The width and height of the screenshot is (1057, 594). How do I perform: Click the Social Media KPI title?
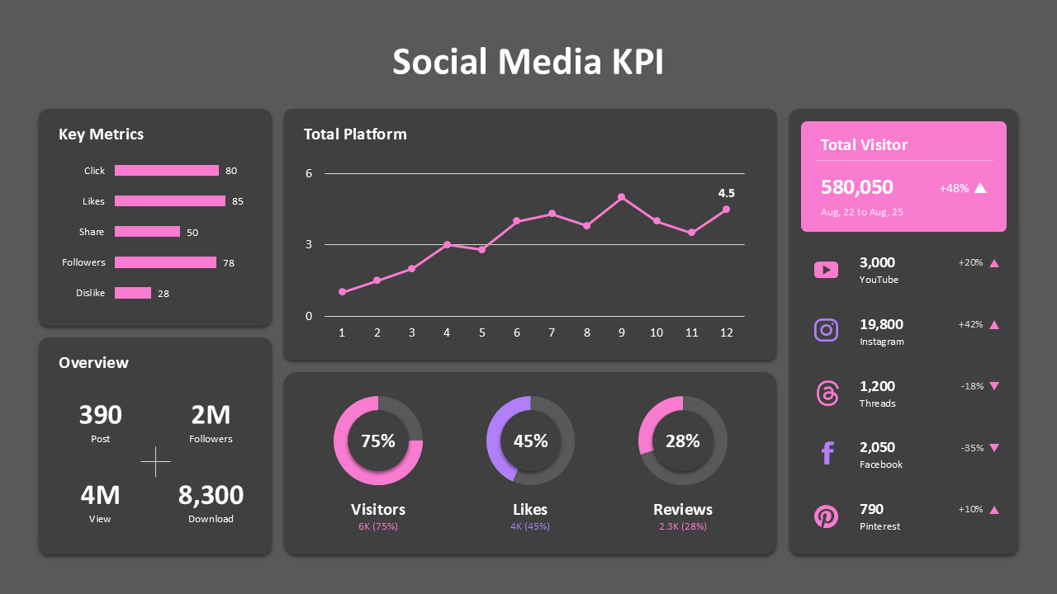pos(528,62)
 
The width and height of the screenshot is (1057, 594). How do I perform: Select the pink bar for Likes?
pos(169,200)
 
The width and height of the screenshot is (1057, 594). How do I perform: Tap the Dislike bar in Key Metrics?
pos(133,293)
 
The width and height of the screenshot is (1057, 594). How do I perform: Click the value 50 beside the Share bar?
pos(192,233)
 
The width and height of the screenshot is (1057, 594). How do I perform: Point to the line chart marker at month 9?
pos(621,197)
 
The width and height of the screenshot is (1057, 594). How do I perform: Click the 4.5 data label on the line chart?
pos(726,193)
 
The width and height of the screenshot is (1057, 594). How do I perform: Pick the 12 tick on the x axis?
pos(726,332)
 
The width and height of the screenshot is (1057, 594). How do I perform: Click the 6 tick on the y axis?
pos(309,173)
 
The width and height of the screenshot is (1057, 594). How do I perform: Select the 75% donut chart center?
pos(378,441)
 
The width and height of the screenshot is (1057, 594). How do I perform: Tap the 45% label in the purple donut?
pos(530,441)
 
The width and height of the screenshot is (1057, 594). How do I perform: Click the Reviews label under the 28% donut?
pos(683,509)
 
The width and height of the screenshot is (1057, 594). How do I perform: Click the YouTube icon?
pos(826,270)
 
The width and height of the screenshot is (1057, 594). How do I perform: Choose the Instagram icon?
pos(826,331)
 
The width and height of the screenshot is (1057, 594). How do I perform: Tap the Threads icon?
pos(826,393)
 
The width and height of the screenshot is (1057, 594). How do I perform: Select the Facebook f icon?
pos(827,454)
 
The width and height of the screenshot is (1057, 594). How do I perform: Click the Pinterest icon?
pos(826,516)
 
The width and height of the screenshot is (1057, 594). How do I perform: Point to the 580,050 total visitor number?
pos(856,187)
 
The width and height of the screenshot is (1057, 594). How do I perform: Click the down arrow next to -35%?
pos(994,448)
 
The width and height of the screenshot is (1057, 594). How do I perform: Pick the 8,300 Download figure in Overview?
pos(211,495)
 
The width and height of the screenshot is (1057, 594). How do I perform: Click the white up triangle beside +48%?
pos(980,188)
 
